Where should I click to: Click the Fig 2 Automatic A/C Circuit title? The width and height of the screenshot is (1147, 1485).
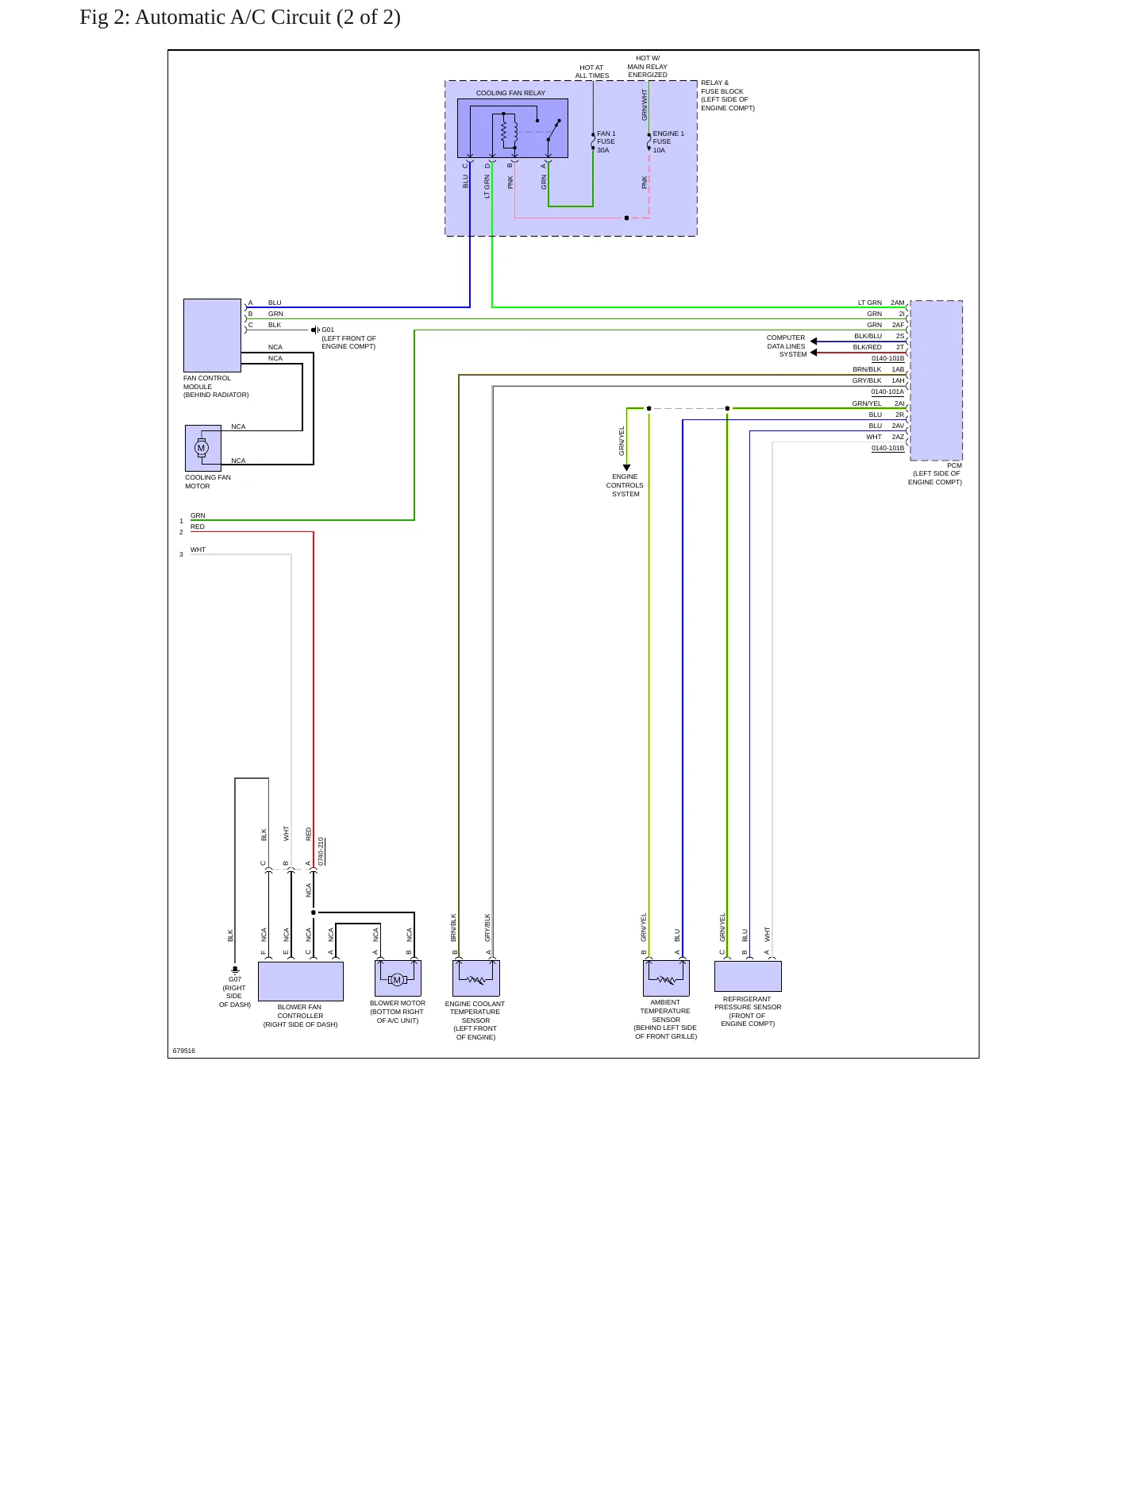[240, 17]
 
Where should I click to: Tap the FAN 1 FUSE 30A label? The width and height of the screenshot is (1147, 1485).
[606, 142]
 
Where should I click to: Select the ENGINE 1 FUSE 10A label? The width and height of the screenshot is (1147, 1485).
[668, 142]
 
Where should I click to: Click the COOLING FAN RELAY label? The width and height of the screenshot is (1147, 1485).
[510, 93]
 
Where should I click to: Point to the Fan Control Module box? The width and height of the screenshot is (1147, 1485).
[212, 335]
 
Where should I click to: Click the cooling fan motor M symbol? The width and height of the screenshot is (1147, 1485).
[202, 448]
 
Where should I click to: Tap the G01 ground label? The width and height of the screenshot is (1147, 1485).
[328, 330]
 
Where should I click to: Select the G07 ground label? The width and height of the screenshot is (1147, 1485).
[235, 980]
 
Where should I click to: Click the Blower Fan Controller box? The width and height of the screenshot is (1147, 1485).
[301, 982]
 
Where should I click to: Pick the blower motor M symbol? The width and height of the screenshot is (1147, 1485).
[398, 980]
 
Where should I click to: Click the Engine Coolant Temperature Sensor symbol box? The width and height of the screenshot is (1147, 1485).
[476, 978]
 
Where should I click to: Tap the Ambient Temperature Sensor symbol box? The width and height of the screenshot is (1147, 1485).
[666, 978]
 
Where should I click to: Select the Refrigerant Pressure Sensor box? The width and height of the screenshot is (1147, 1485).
[748, 976]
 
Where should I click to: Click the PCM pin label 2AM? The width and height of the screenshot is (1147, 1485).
[898, 303]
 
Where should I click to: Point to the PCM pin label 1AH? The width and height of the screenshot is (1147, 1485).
[898, 380]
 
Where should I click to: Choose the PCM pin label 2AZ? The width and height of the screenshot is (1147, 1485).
[898, 437]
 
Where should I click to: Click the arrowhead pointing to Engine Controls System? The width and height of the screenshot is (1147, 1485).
[626, 468]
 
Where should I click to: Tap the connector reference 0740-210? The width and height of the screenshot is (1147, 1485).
[321, 851]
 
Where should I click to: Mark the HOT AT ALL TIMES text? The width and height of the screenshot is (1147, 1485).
[592, 71]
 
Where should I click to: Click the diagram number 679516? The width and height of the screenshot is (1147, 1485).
[184, 1051]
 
